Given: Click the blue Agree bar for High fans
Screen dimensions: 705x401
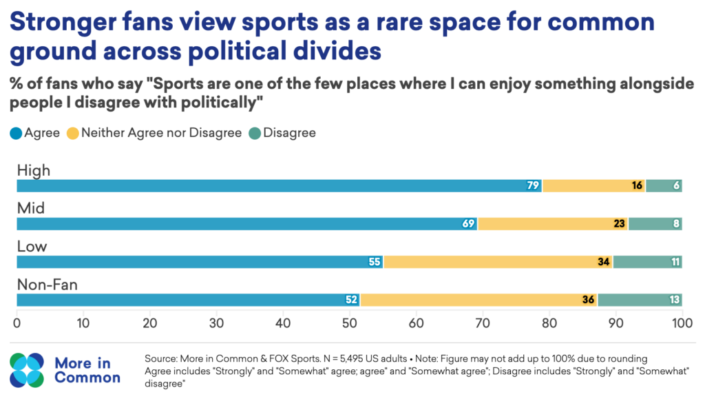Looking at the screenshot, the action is click(280, 185).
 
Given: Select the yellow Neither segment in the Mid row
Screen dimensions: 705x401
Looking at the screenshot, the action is click(553, 224).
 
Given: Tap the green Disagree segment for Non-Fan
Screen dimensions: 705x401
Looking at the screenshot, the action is click(640, 300).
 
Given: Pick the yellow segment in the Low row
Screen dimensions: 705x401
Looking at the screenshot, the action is click(498, 262).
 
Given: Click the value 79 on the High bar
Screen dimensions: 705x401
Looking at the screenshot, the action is click(533, 185).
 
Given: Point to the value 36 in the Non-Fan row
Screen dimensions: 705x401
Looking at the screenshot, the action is click(588, 300).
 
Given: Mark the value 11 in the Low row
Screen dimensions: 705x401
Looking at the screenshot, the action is click(675, 262).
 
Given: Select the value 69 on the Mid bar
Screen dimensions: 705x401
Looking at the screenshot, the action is click(468, 224).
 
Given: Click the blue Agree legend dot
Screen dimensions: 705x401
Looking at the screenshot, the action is click(16, 133).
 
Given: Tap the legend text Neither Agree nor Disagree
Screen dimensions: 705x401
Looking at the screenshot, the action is click(161, 133).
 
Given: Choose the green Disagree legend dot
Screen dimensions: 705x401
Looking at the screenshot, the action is click(255, 133).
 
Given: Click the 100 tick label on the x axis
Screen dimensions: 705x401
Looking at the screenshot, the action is click(682, 323).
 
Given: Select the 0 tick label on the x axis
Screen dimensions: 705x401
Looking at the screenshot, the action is click(17, 323).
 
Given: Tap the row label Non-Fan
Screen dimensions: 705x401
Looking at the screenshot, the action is click(48, 285).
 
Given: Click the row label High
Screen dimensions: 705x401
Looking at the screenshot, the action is click(34, 171).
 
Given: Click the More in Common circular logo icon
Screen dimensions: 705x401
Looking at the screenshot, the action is click(27, 370).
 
